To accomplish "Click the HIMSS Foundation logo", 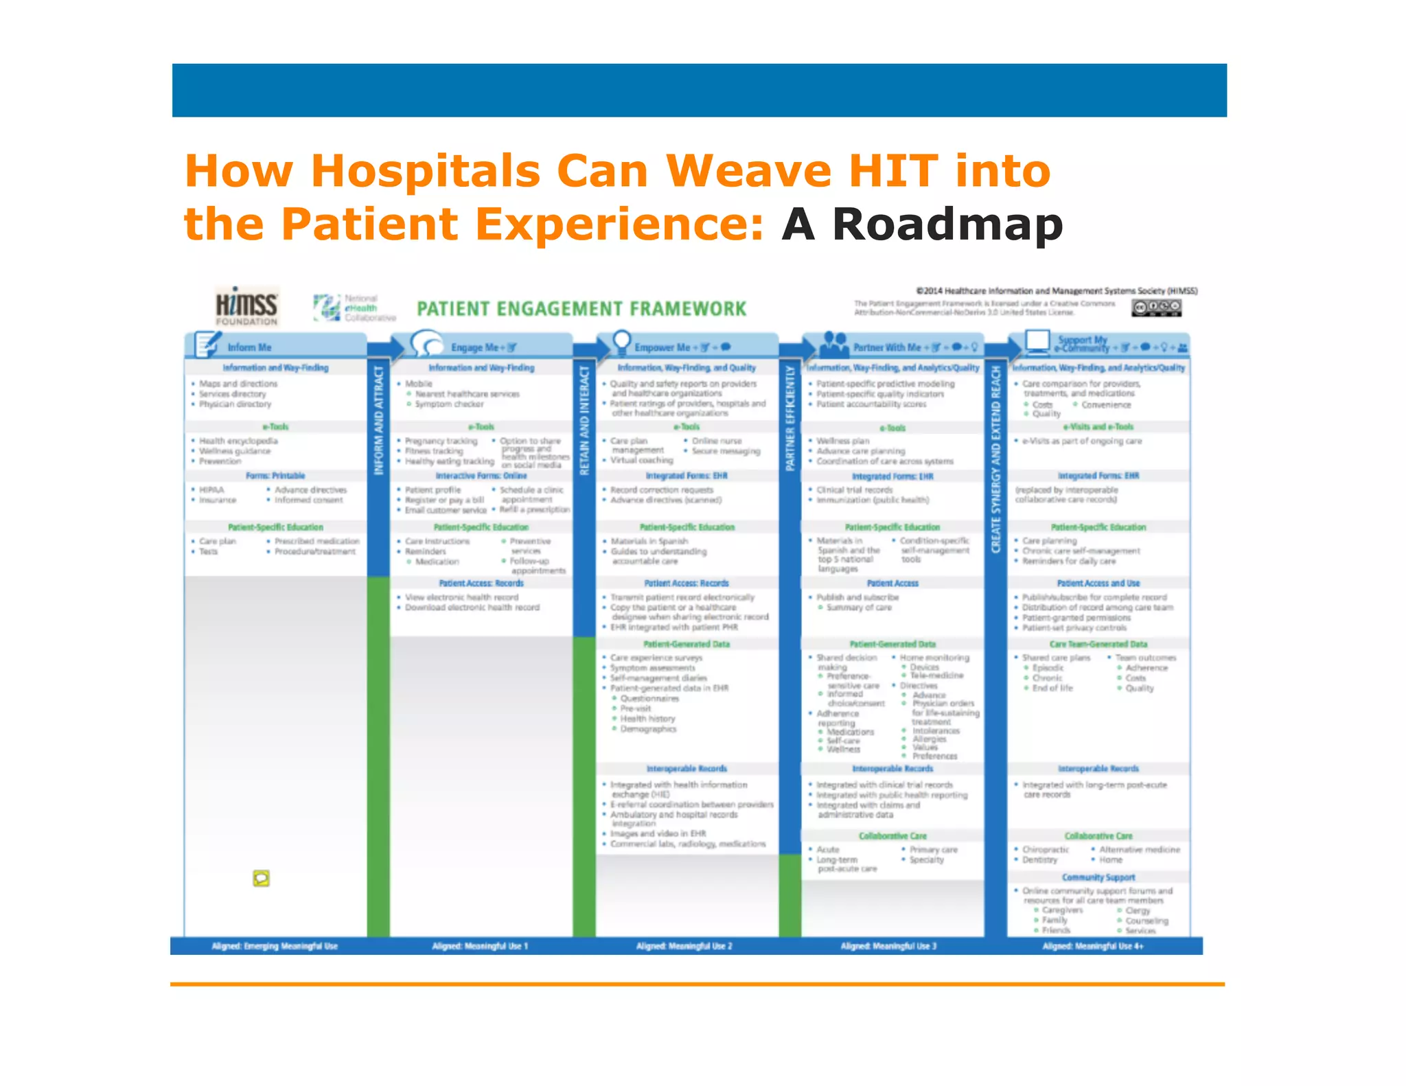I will pos(246,306).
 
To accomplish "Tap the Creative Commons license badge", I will pos(1156,308).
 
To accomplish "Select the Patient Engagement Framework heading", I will pos(581,309).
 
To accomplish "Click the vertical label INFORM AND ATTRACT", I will pos(378,420).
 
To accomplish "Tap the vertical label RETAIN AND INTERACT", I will pos(584,420).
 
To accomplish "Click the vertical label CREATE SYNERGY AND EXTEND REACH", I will pos(996,459).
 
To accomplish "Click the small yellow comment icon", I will pos(261,878).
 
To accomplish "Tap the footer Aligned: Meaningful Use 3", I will pos(888,946).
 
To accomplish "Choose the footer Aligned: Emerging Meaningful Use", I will pos(275,946).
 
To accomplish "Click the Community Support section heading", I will pos(1098,877).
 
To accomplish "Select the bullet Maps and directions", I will pos(238,384).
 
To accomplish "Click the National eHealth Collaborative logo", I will pos(354,308).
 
